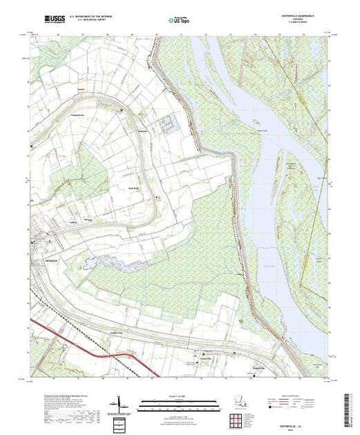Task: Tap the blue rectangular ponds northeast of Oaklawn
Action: coord(167,124)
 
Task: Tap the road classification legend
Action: coord(297,405)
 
